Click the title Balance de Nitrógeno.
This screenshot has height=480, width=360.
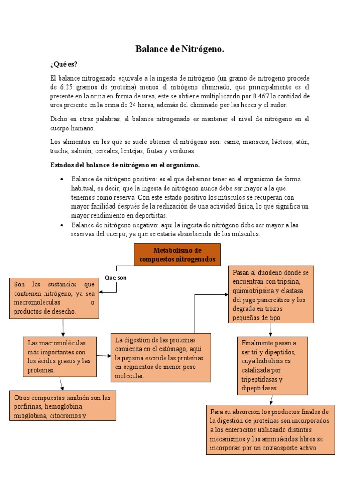point(180,49)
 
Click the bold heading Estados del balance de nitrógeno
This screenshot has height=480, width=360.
point(125,165)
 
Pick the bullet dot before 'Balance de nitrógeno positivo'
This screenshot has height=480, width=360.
point(62,180)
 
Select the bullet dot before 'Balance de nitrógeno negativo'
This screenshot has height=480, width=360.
point(62,225)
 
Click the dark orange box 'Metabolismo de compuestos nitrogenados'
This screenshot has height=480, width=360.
point(177,255)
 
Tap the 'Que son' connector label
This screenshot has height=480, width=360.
point(116,277)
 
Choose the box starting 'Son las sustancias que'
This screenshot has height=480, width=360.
point(54,298)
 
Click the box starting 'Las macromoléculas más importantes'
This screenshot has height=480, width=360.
point(60,356)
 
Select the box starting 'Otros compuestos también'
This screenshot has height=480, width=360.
point(63,406)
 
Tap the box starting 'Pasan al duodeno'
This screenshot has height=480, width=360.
point(271,295)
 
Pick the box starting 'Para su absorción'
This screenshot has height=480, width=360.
point(270,429)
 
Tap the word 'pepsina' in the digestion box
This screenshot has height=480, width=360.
point(133,358)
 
